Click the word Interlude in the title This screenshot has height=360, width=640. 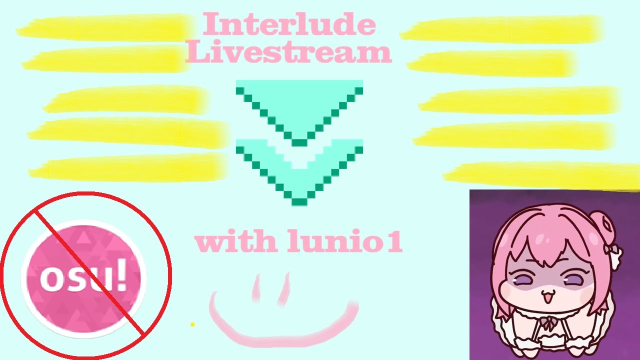[x=288, y=24]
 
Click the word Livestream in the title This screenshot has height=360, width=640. [x=288, y=52]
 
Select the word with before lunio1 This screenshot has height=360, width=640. [x=235, y=242]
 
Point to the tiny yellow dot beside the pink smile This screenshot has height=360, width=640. [x=192, y=324]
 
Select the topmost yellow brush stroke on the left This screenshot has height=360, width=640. [x=105, y=27]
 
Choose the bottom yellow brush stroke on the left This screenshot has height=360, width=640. [x=127, y=167]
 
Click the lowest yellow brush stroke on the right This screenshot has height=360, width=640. [x=540, y=175]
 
